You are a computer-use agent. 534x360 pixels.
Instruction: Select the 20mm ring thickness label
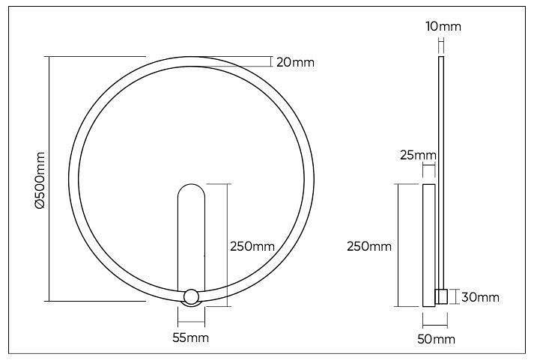pyautogui.click(x=294, y=62)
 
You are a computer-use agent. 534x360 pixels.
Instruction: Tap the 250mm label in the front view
pyautogui.click(x=252, y=246)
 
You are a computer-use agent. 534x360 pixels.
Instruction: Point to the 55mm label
pyautogui.click(x=190, y=338)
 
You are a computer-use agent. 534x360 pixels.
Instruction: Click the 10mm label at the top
pyautogui.click(x=443, y=27)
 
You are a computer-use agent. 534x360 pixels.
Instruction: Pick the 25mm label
pyautogui.click(x=418, y=156)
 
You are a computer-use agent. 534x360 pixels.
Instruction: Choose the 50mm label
pyautogui.click(x=437, y=339)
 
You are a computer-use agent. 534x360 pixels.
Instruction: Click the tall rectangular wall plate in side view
pyautogui.click(x=429, y=245)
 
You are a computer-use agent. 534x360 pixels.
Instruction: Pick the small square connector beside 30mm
pyautogui.click(x=441, y=296)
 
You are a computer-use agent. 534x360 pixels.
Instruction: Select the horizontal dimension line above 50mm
pyautogui.click(x=435, y=323)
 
